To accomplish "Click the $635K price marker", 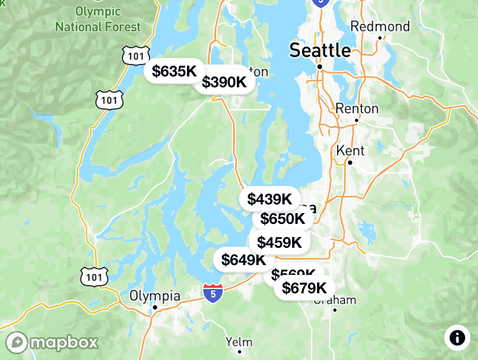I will click(x=174, y=71).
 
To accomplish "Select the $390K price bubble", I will click(x=224, y=82).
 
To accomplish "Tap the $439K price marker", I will click(x=269, y=199).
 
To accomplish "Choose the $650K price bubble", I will click(x=282, y=219).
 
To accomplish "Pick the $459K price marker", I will click(x=279, y=242).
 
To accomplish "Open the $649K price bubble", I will click(x=243, y=260).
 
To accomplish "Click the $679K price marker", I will click(x=304, y=288).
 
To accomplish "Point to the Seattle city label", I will click(x=320, y=50).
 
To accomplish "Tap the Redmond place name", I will click(x=380, y=27).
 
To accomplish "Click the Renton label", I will click(x=357, y=108).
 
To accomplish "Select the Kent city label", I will click(x=350, y=150).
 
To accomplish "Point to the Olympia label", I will click(x=154, y=296).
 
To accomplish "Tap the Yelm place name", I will click(x=239, y=342).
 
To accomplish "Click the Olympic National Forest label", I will click(x=98, y=19).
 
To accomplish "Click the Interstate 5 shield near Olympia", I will click(x=214, y=293).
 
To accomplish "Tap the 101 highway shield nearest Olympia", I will click(x=94, y=277).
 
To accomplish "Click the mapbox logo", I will click(x=52, y=342).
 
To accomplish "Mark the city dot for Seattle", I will click(x=320, y=67).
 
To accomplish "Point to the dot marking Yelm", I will click(x=239, y=352).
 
